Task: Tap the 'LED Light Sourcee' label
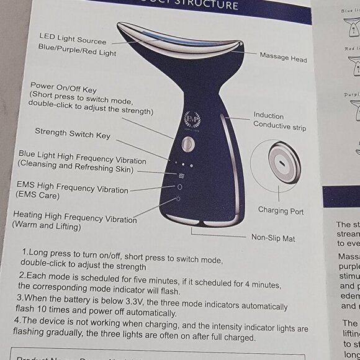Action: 73,38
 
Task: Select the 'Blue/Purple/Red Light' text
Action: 76,50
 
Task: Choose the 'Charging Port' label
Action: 281,211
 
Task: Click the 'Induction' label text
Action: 268,116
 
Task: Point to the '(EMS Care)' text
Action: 38,196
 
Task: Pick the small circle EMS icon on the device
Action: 180,186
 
